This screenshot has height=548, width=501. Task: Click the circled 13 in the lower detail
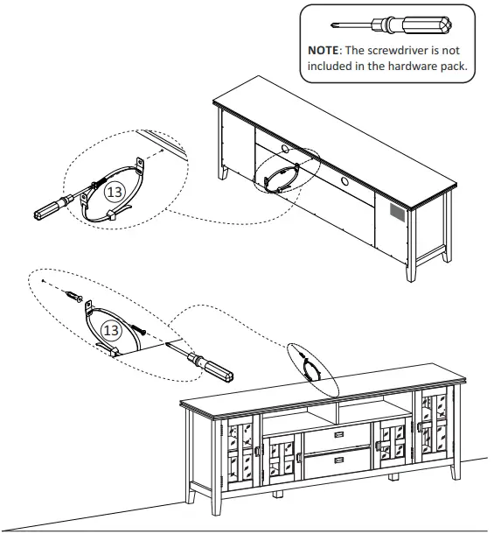pyautogui.click(x=111, y=330)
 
